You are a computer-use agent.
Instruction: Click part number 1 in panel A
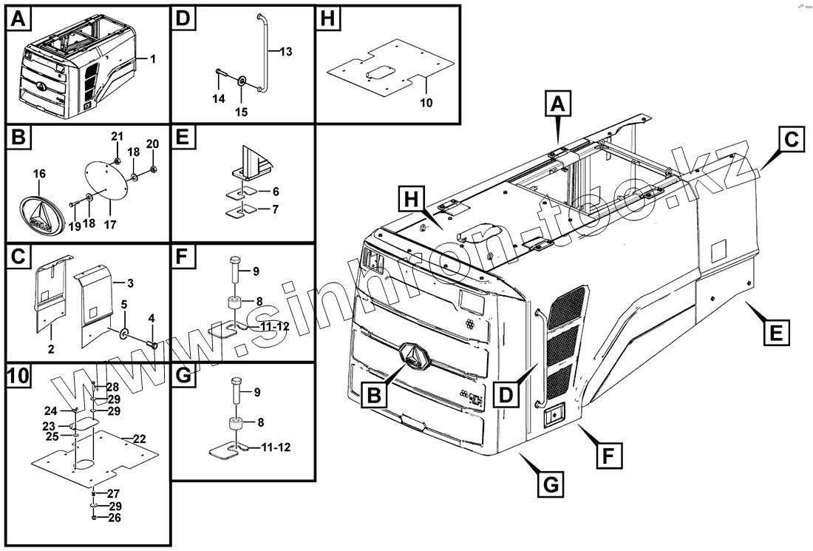click(x=152, y=58)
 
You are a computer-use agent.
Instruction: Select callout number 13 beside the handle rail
click(x=286, y=51)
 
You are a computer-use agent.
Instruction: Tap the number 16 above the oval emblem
click(x=39, y=174)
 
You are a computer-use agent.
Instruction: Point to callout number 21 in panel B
click(x=117, y=136)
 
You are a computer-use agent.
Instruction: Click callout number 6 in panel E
click(x=275, y=190)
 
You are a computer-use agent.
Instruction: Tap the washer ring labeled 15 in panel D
click(x=243, y=79)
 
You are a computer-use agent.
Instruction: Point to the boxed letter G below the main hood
click(x=548, y=485)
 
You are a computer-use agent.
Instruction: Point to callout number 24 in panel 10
click(x=50, y=410)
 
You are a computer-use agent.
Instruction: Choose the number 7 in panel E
click(x=275, y=209)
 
